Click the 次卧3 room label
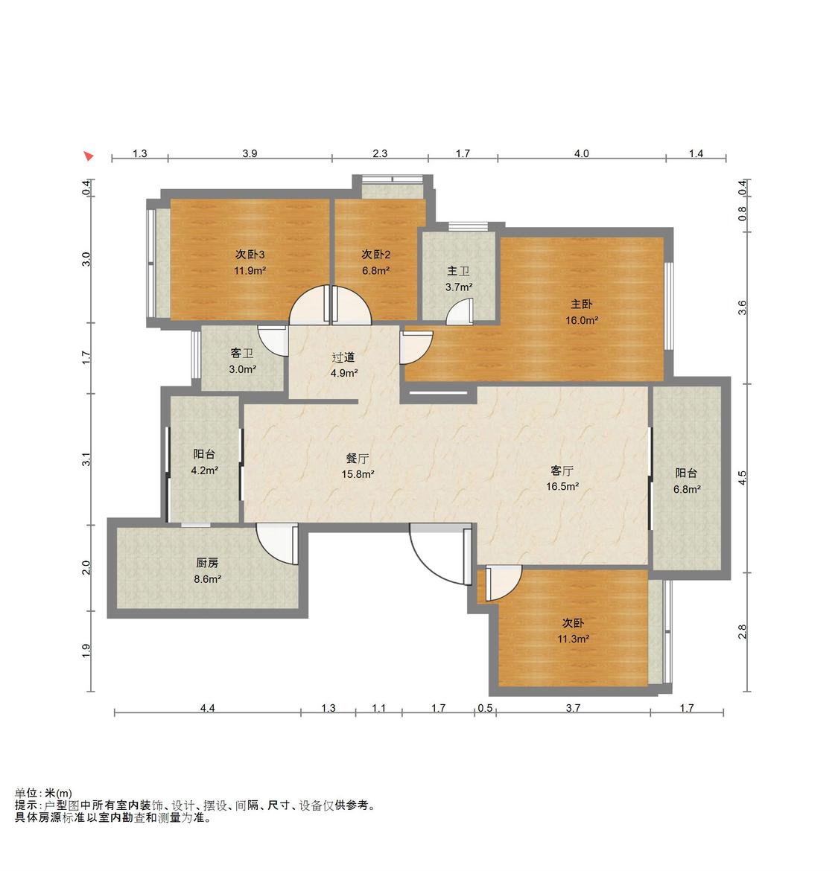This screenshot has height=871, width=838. (250, 255)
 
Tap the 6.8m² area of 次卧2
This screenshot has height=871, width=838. (375, 270)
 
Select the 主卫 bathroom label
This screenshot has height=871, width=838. (458, 271)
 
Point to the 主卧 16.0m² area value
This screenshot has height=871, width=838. (581, 320)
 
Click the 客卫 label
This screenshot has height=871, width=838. (242, 354)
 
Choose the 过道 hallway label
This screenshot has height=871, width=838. (343, 357)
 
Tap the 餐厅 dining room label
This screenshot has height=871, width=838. (358, 459)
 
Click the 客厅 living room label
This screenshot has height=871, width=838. (562, 470)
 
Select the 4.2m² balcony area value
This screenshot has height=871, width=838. (205, 470)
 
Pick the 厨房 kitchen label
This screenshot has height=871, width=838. (207, 563)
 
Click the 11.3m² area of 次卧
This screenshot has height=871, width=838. (573, 639)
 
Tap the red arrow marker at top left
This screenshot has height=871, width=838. (89, 156)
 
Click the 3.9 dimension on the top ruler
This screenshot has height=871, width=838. (250, 153)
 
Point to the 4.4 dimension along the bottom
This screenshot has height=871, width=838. (207, 708)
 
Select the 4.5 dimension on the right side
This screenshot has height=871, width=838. (743, 478)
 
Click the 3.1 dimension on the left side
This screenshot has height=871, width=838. (86, 459)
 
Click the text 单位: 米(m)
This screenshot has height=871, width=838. (43, 794)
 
